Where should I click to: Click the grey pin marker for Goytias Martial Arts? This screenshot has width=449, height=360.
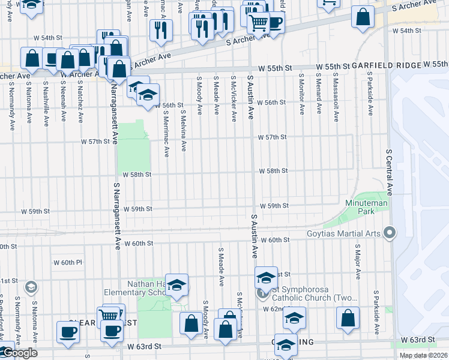[x=391, y=231]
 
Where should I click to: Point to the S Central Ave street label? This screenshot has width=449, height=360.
[x=389, y=173]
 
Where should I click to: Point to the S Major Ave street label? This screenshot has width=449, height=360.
[x=358, y=262]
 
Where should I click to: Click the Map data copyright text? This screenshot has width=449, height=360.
[x=423, y=355]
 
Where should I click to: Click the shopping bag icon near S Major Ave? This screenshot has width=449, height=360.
[x=348, y=318]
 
